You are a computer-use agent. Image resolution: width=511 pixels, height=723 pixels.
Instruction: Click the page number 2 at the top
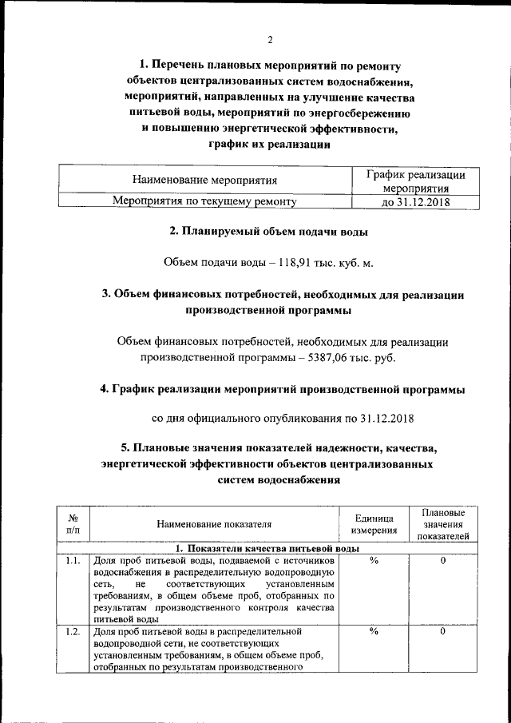pyautogui.click(x=269, y=39)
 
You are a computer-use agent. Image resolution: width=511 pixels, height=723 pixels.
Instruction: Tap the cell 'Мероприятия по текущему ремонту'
pyautogui.click(x=205, y=202)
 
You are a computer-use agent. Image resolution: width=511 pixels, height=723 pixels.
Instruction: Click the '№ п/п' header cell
pyautogui.click(x=73, y=524)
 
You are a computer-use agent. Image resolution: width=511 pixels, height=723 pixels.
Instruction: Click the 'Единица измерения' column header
pyautogui.click(x=373, y=524)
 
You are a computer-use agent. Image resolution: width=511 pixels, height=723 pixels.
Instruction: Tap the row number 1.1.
pyautogui.click(x=73, y=561)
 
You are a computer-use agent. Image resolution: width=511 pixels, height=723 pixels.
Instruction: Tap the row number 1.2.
pyautogui.click(x=73, y=632)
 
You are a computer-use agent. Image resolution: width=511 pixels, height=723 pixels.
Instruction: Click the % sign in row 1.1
pyautogui.click(x=373, y=561)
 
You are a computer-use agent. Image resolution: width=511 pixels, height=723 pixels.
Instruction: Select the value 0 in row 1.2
pyautogui.click(x=442, y=632)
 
